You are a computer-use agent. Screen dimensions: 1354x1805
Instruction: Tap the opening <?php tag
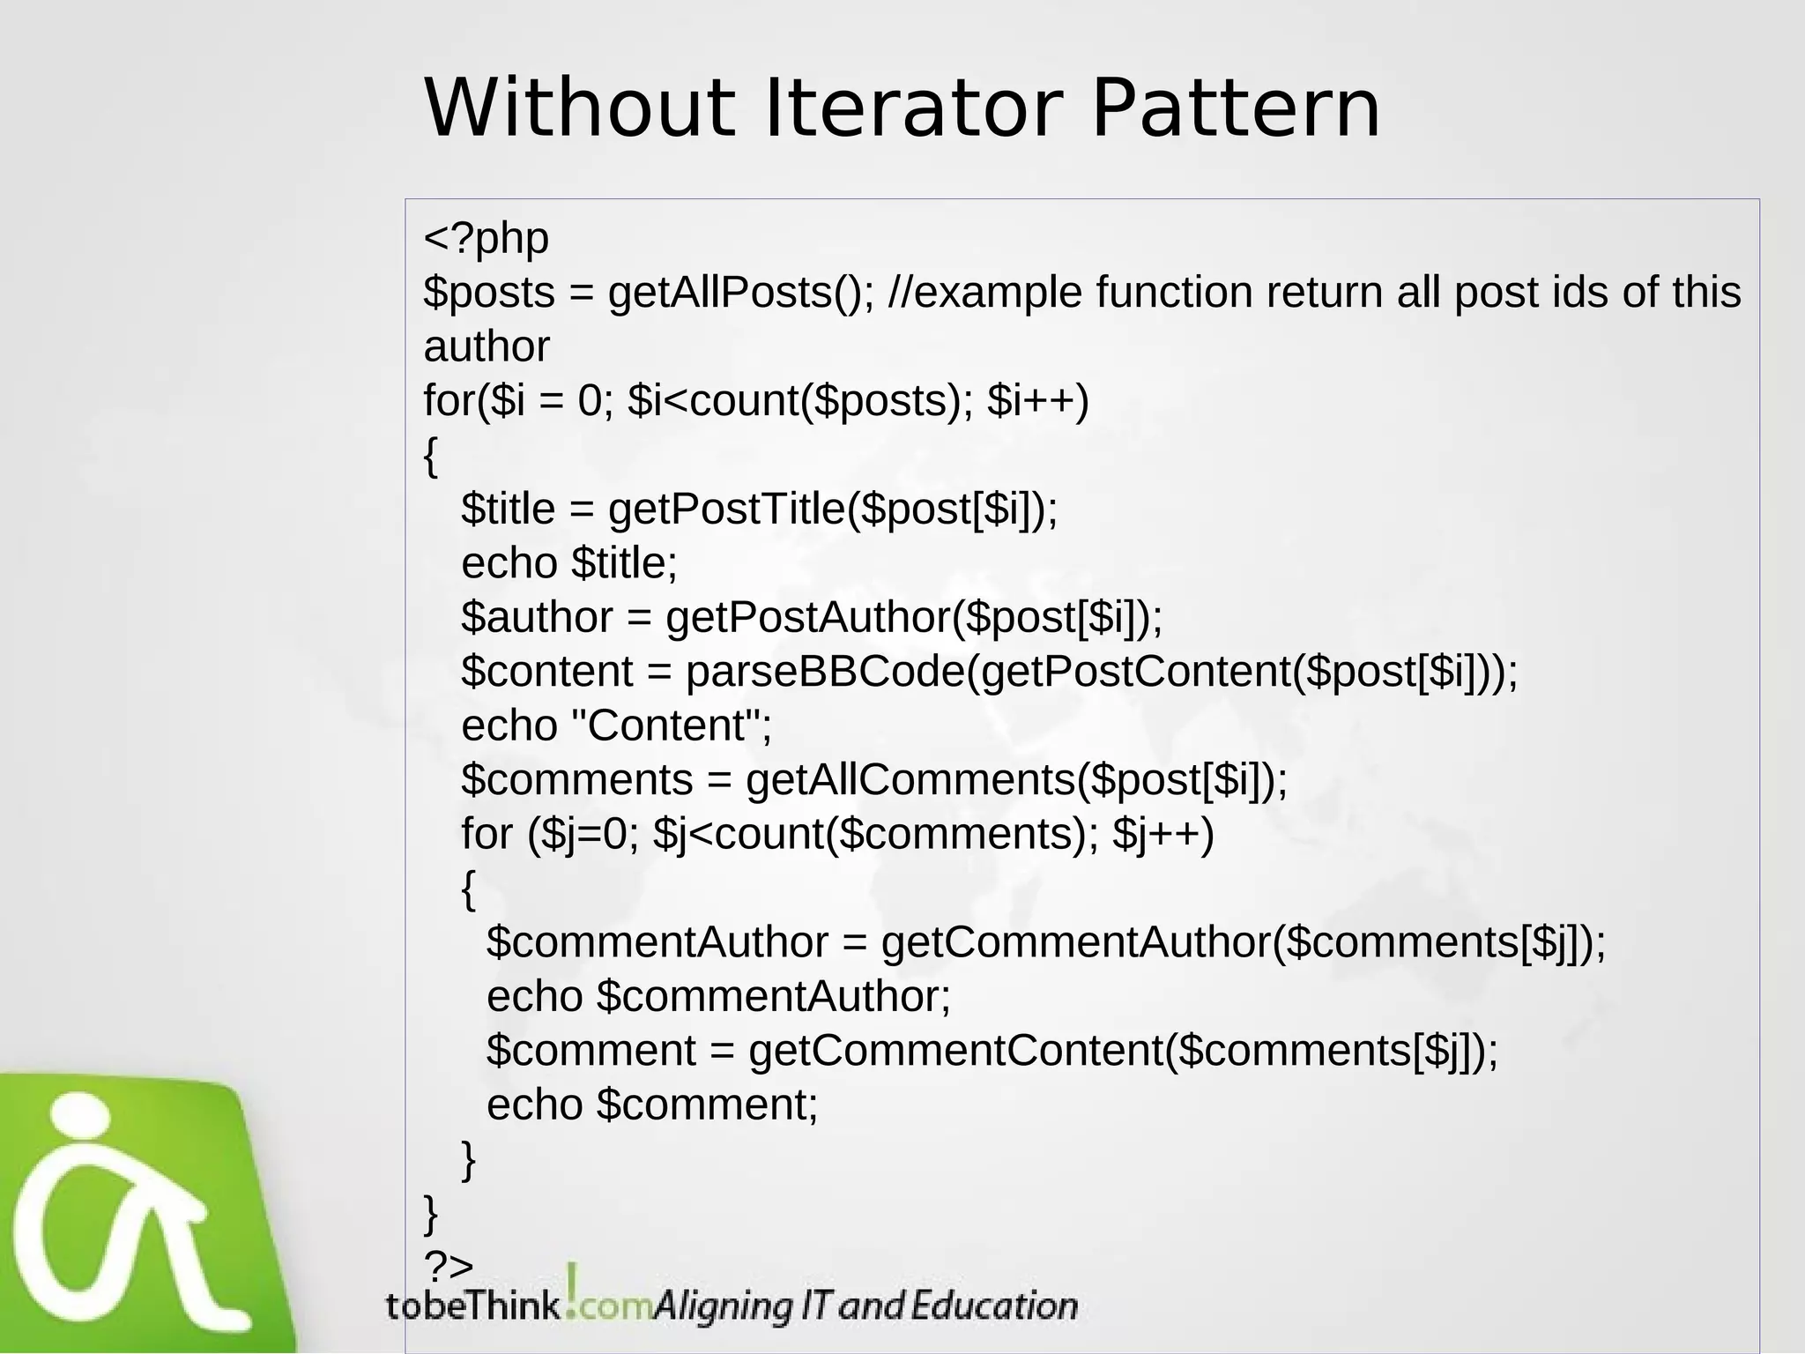(x=486, y=238)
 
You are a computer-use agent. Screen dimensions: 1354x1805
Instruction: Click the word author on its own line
(x=486, y=346)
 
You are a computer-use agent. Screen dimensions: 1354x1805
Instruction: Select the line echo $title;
(x=569, y=563)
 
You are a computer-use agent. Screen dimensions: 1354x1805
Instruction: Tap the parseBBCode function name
(x=825, y=672)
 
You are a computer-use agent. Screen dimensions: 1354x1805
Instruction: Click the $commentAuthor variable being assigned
(x=657, y=942)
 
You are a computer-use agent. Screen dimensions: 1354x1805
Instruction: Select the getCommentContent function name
(x=955, y=1051)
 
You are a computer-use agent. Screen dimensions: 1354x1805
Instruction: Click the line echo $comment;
(x=652, y=1105)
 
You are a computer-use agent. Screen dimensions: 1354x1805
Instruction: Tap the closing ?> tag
(x=449, y=1267)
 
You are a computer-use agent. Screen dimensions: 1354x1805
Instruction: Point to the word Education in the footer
(x=993, y=1306)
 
